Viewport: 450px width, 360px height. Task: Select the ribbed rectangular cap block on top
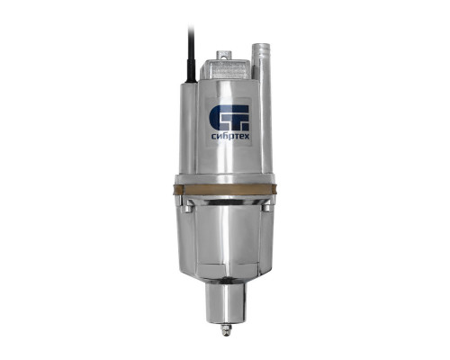[x=226, y=69]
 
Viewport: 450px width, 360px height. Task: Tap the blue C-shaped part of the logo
[x=218, y=118]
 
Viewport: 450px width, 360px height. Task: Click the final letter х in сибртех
[x=247, y=137]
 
